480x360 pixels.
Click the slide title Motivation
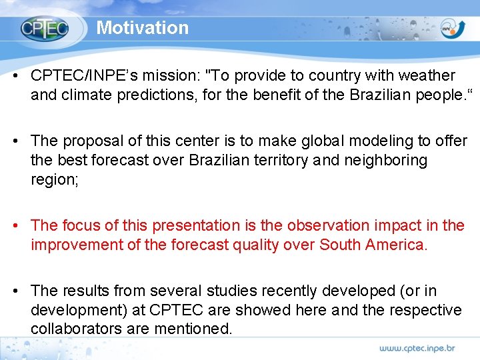click(x=143, y=28)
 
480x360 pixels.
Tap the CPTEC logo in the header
click(x=44, y=29)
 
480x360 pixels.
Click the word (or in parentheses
click(x=411, y=291)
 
